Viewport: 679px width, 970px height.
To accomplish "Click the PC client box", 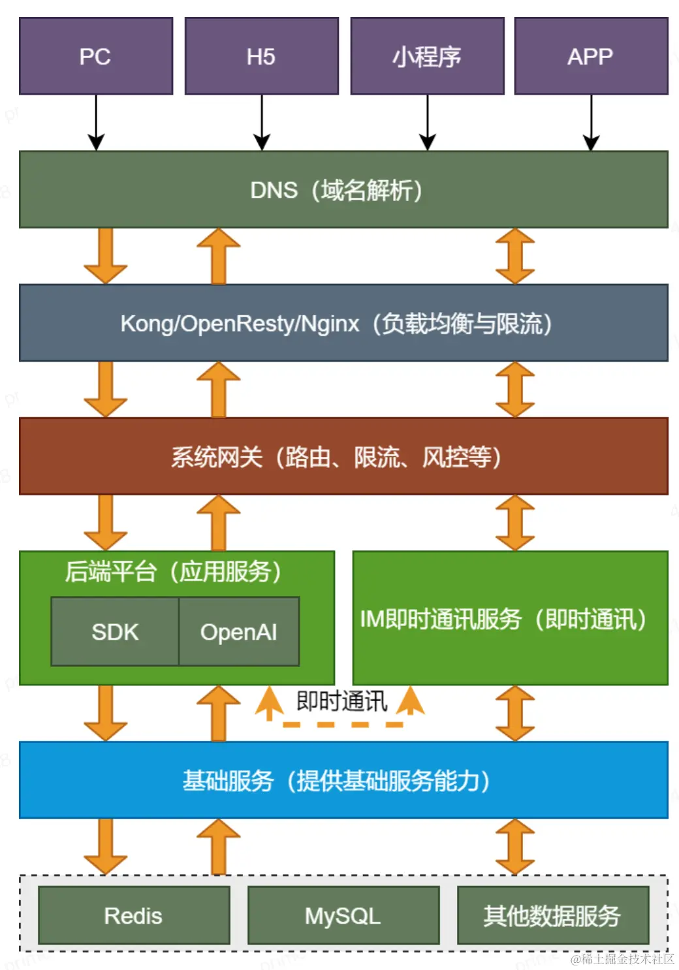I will pos(96,56).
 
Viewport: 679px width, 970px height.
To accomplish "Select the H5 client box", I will pos(261,56).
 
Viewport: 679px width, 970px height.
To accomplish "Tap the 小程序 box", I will pos(427,56).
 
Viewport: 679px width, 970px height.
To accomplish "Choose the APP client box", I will pos(591,56).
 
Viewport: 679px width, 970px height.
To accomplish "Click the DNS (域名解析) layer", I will pos(343,190).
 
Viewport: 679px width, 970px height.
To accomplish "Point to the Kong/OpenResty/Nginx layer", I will pos(343,323).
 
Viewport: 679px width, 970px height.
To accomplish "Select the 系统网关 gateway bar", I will pos(343,456).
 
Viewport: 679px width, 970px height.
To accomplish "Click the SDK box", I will pos(115,632).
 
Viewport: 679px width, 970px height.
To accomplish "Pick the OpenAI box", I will pos(239,632).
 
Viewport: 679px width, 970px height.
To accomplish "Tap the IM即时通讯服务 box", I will pos(510,619).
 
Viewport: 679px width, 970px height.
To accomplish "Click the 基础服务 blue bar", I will pos(343,780).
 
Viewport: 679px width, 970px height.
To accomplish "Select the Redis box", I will pos(134,915).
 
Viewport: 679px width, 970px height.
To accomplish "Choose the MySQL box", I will pos(343,915).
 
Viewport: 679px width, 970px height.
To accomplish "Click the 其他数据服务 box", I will pos(553,915).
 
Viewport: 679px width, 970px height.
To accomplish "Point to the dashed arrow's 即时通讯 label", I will pos(341,702).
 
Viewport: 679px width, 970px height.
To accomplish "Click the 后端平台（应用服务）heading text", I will pos(174,572).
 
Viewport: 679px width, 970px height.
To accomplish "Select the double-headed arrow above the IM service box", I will pos(515,522).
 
